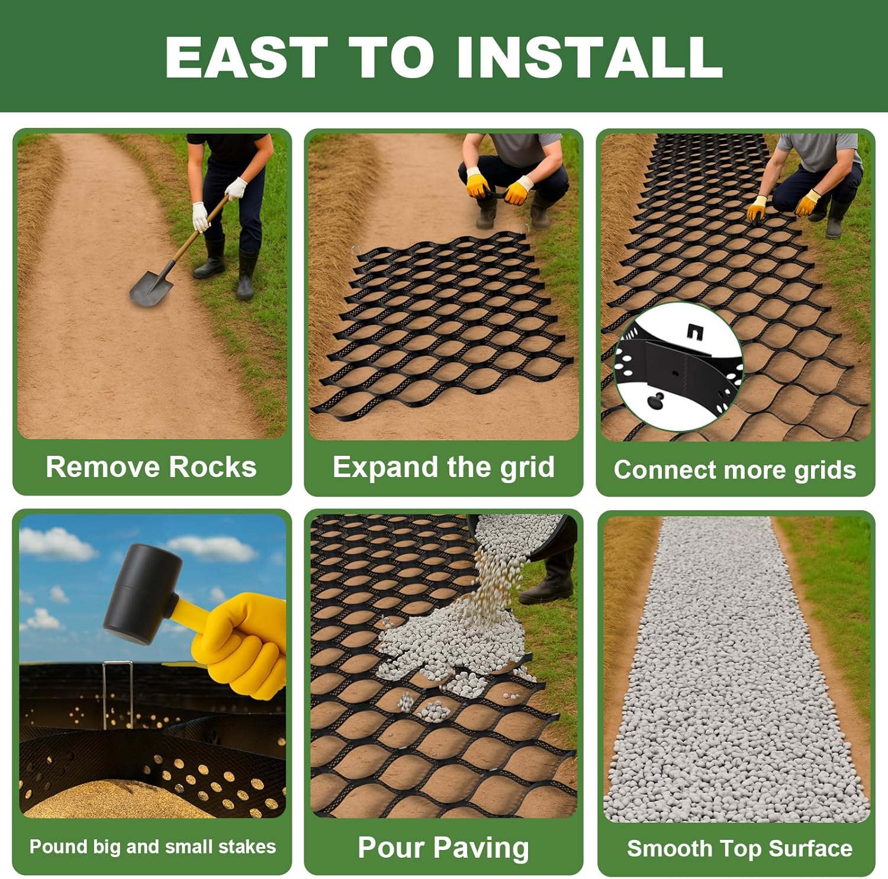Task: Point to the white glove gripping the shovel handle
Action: click(201, 217)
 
